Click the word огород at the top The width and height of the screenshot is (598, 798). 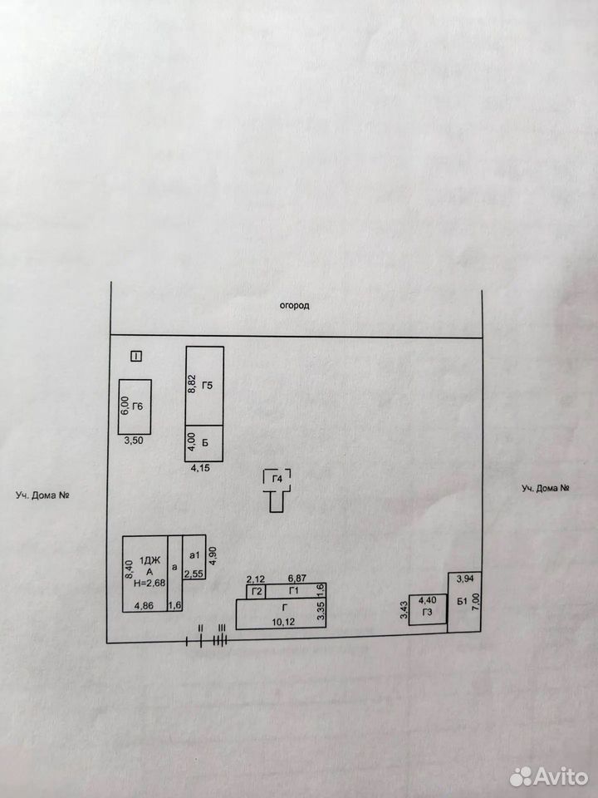(294, 306)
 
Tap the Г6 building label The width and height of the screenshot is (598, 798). (138, 406)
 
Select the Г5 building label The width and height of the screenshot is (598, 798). (208, 385)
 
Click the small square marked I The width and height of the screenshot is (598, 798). (136, 357)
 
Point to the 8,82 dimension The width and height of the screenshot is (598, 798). (192, 382)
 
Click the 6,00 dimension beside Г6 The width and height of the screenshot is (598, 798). (125, 406)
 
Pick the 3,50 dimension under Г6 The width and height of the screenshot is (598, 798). (134, 441)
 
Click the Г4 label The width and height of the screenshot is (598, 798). (277, 479)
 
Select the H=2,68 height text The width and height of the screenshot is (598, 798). (149, 584)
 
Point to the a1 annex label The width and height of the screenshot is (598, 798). (194, 554)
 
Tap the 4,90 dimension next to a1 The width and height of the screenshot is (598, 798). (213, 555)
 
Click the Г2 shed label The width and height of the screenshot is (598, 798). (257, 591)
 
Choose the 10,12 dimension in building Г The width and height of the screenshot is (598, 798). (284, 622)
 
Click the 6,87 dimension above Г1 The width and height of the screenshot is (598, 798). (298, 579)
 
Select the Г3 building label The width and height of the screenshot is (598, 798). (427, 613)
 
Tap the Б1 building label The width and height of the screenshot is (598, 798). (462, 602)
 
